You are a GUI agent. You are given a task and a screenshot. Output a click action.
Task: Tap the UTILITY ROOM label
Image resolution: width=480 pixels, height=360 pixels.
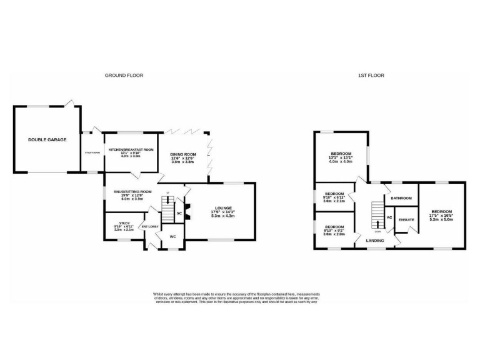[92, 152]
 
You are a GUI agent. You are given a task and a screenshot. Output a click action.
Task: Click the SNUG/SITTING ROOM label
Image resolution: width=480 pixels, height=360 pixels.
[129, 192]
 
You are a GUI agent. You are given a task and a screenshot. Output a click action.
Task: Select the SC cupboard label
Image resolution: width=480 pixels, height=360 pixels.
[179, 213]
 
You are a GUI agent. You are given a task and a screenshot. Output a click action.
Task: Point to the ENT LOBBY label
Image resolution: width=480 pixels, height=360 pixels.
[151, 226]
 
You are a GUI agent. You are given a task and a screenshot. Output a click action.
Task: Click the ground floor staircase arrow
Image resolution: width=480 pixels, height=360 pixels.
[167, 207]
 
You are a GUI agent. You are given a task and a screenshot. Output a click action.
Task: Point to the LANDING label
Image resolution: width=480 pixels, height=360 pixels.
[375, 239]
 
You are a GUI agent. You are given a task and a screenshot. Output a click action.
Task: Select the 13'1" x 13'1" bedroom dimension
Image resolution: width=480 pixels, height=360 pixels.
[341, 157]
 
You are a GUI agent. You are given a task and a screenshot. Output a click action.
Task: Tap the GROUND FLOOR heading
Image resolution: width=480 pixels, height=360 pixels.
[124, 75]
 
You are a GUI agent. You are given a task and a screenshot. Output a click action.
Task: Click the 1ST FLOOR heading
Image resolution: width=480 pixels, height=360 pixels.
[371, 75]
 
